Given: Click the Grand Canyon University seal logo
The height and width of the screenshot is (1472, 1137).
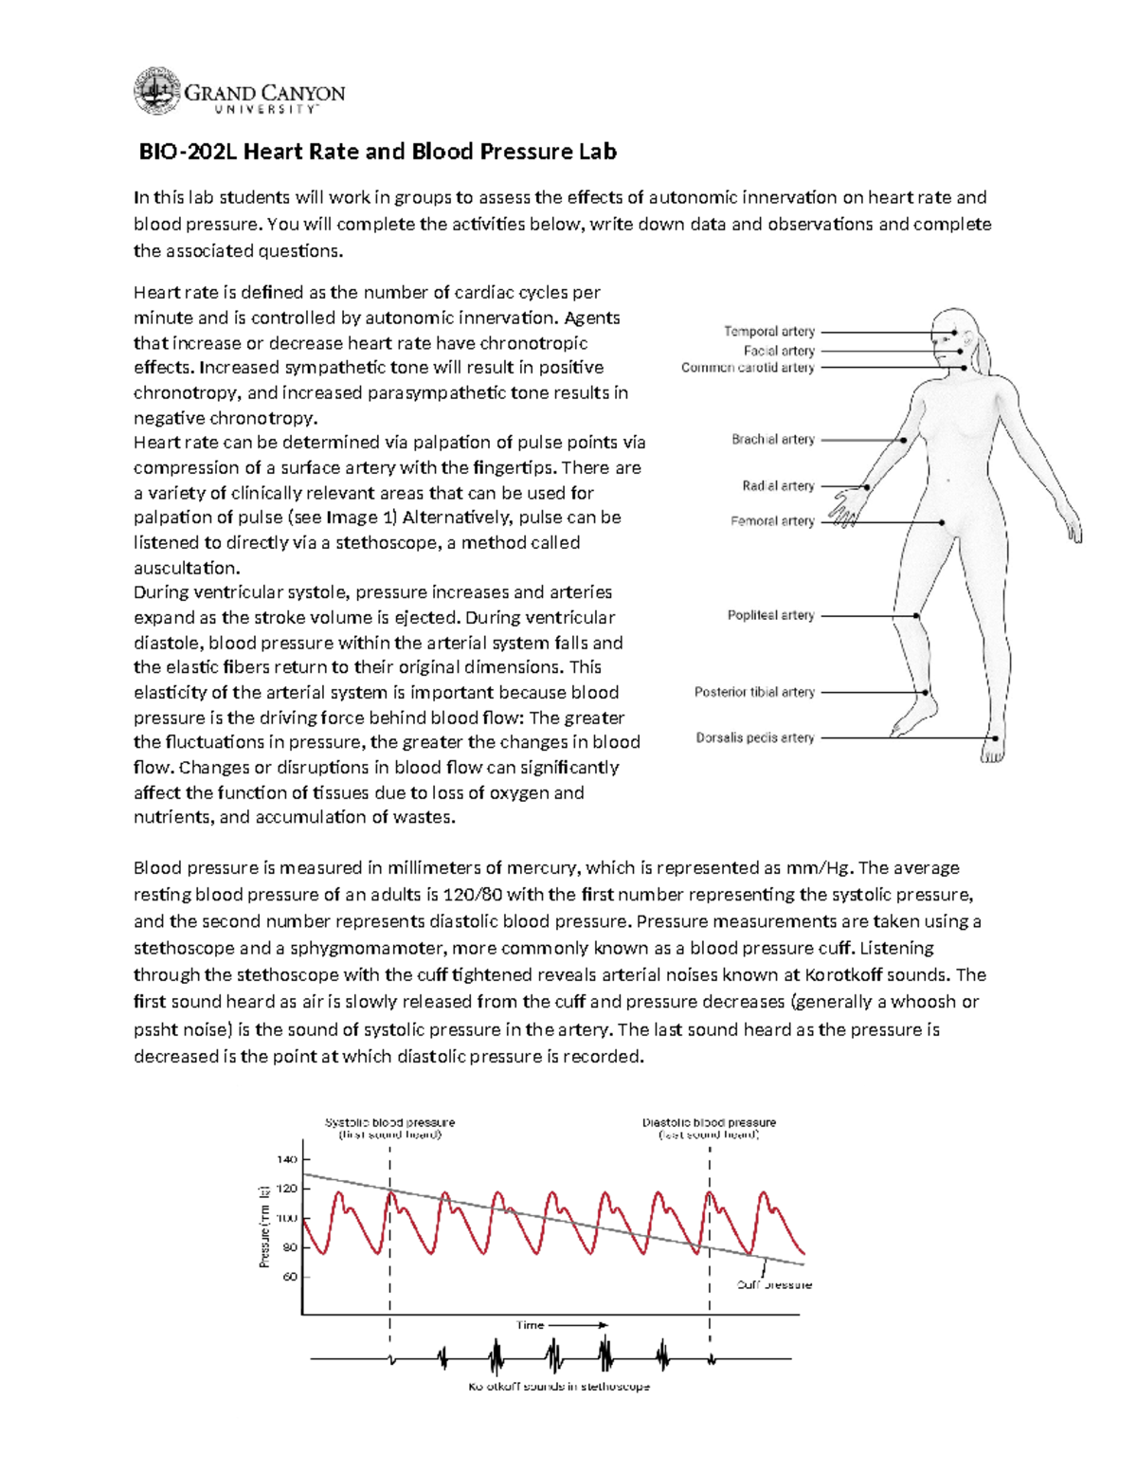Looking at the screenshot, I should [156, 92].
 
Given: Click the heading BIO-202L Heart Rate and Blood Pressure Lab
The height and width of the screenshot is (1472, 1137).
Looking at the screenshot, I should [378, 152].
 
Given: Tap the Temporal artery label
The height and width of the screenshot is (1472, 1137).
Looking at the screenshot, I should [769, 332].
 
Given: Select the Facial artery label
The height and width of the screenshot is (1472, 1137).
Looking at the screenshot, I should [779, 351].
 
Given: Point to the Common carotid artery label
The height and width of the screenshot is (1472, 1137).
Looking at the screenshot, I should [748, 368].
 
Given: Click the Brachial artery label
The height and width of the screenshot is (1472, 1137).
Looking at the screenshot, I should [772, 440].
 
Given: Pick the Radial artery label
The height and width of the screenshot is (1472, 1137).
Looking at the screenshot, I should [778, 486].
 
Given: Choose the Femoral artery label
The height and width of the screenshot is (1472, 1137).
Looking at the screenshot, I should [772, 521].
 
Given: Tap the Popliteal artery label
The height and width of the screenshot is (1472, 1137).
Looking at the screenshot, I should [770, 615].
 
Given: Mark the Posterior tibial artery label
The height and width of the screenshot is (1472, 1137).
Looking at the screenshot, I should [754, 692].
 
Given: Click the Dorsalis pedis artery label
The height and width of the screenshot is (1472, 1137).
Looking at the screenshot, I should [755, 737].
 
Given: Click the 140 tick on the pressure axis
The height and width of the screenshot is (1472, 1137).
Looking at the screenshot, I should [286, 1159].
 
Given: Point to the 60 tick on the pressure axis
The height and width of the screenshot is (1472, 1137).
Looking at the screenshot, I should [289, 1277].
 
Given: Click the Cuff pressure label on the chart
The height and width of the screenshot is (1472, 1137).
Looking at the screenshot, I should [774, 1285].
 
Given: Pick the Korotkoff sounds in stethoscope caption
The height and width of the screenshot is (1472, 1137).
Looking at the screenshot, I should [559, 1387].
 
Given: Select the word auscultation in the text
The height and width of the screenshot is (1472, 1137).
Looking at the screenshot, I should [187, 568].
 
